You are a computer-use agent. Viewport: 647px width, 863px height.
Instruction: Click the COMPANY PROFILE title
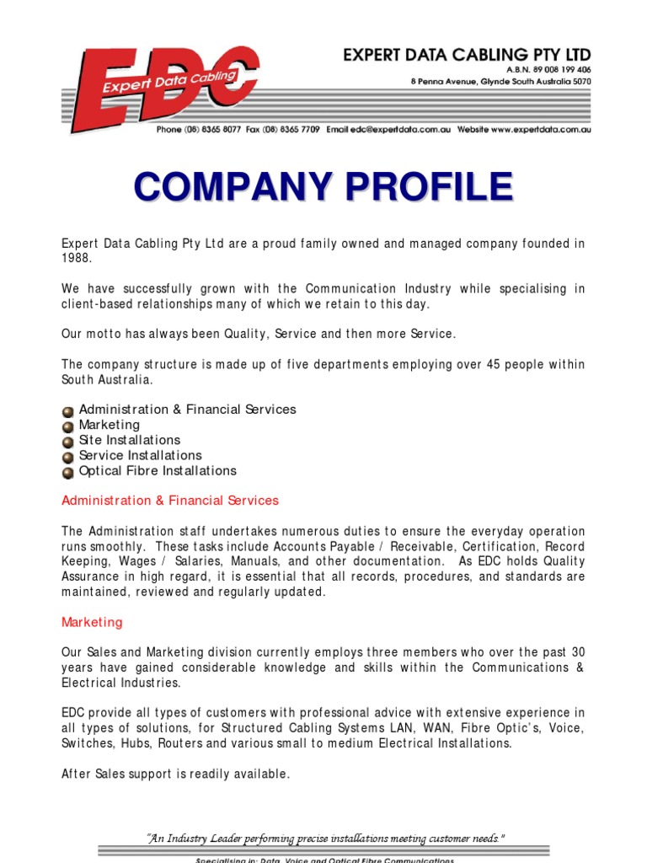(x=323, y=186)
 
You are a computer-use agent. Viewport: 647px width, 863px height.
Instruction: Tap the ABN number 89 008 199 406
(x=559, y=69)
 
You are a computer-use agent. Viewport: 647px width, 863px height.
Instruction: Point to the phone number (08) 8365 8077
(x=212, y=131)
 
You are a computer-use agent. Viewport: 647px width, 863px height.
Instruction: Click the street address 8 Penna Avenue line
(x=500, y=82)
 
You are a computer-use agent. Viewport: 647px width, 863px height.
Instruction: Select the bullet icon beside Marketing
(x=68, y=426)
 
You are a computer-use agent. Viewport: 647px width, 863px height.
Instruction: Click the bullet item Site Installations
(x=129, y=440)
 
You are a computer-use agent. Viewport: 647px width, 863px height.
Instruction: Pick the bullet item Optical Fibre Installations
(x=158, y=470)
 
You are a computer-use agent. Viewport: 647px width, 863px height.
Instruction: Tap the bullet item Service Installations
(x=140, y=455)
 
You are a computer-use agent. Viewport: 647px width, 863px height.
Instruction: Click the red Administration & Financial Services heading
(x=170, y=501)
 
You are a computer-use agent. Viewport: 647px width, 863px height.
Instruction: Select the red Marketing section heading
(x=92, y=622)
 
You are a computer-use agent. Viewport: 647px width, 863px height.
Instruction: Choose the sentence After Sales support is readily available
(x=176, y=774)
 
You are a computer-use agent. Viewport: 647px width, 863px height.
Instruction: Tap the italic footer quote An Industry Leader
(x=325, y=838)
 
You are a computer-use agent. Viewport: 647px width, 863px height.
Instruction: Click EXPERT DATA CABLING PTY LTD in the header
(x=467, y=56)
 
